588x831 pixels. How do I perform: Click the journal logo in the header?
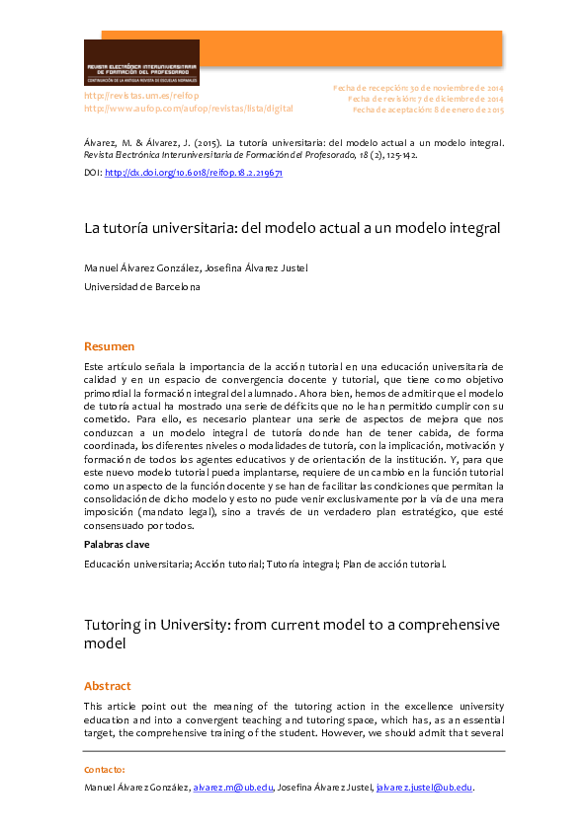click(x=141, y=62)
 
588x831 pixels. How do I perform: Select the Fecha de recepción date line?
click(x=418, y=88)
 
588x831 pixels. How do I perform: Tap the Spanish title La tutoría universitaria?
click(x=293, y=228)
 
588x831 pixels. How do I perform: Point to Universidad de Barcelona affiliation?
click(x=141, y=287)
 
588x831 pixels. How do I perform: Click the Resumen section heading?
click(x=109, y=346)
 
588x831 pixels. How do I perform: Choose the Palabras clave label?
click(x=117, y=544)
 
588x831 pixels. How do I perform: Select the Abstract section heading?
click(x=108, y=686)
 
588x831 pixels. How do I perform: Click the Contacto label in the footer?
click(x=105, y=769)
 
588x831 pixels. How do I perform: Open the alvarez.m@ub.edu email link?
click(x=231, y=788)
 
